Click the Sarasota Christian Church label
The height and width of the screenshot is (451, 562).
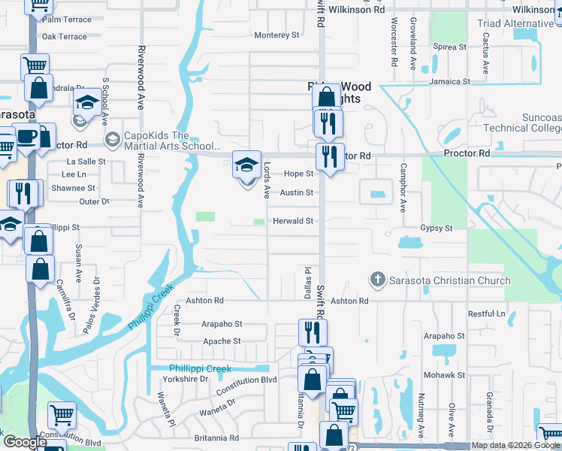click(x=449, y=280)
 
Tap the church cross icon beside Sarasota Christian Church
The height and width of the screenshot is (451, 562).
click(x=378, y=280)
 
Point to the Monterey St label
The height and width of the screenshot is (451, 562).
click(x=276, y=35)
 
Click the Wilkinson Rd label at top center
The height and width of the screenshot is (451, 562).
click(x=357, y=10)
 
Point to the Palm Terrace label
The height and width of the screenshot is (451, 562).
click(x=67, y=19)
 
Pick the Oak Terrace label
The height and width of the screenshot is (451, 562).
click(x=65, y=36)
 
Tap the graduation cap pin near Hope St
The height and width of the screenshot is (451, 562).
click(x=246, y=166)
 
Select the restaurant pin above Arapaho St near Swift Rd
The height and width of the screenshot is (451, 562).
click(x=313, y=332)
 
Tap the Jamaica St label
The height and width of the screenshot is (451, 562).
click(x=449, y=81)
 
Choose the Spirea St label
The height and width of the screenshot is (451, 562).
click(x=451, y=47)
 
